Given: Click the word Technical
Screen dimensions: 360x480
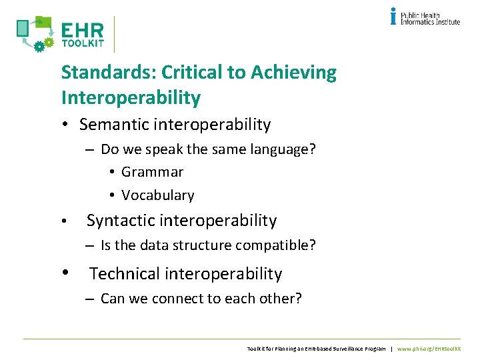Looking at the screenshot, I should pyautogui.click(x=125, y=274).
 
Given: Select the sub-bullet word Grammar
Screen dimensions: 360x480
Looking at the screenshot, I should pyautogui.click(x=152, y=172).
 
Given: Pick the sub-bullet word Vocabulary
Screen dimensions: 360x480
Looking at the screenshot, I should pyautogui.click(x=157, y=195).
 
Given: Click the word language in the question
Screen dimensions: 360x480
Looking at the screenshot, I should pyautogui.click(x=274, y=149).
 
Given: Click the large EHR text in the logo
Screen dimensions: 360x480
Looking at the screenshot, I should pyautogui.click(x=82, y=31).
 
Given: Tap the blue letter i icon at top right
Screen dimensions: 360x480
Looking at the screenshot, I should pyautogui.click(x=393, y=16).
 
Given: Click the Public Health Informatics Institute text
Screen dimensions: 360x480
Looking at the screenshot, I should pyautogui.click(x=430, y=17).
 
